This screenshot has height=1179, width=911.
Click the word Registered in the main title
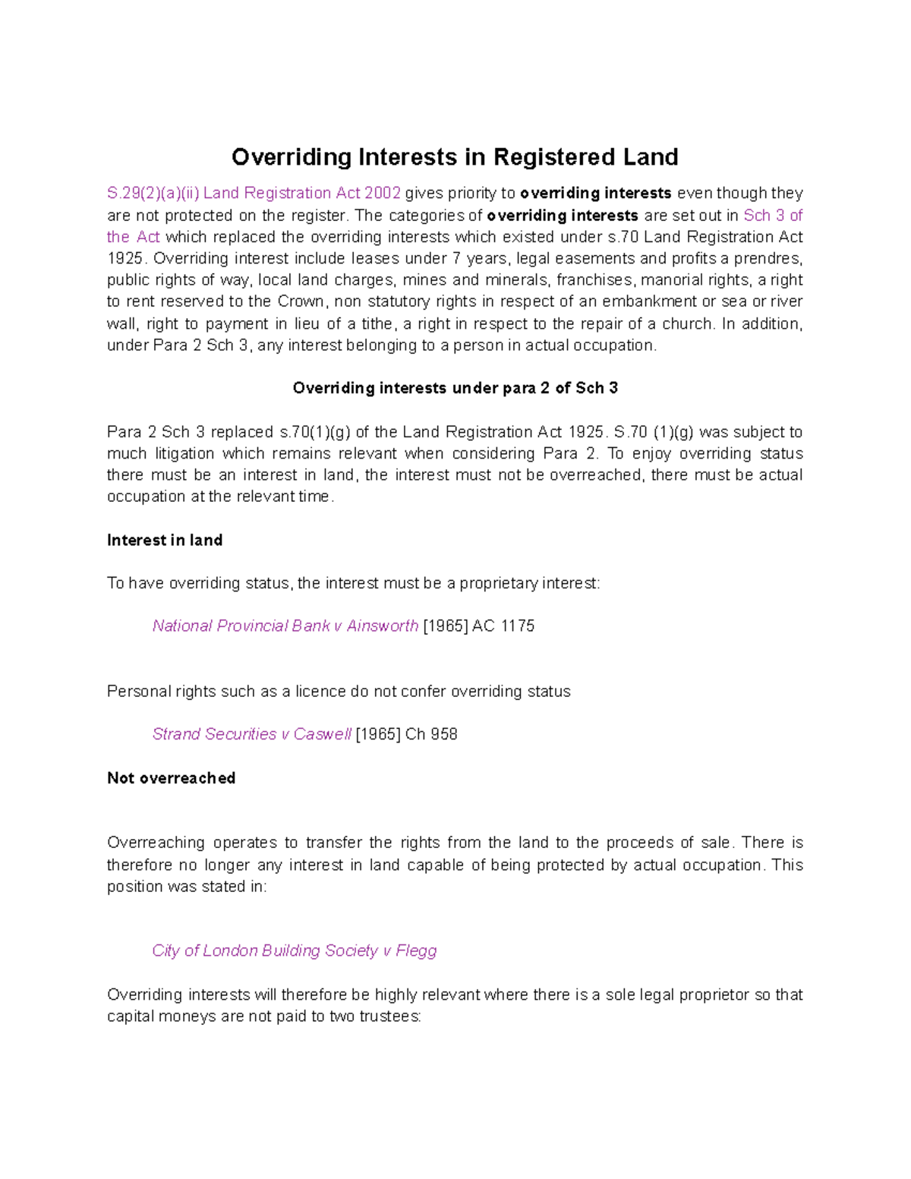pos(555,157)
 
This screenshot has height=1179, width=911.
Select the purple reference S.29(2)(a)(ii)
pos(153,194)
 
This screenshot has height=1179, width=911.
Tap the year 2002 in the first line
pos(382,194)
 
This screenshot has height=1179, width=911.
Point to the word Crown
pos(302,301)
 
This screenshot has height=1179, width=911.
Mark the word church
pos(688,323)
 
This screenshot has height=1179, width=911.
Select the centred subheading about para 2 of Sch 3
pos(455,388)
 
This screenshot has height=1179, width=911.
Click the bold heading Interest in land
pos(165,541)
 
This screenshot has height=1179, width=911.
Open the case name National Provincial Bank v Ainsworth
pos(285,626)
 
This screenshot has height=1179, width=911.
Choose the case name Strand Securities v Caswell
pos(251,734)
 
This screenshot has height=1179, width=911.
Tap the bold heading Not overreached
pos(171,778)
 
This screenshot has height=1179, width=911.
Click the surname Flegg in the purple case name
pos(416,950)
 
